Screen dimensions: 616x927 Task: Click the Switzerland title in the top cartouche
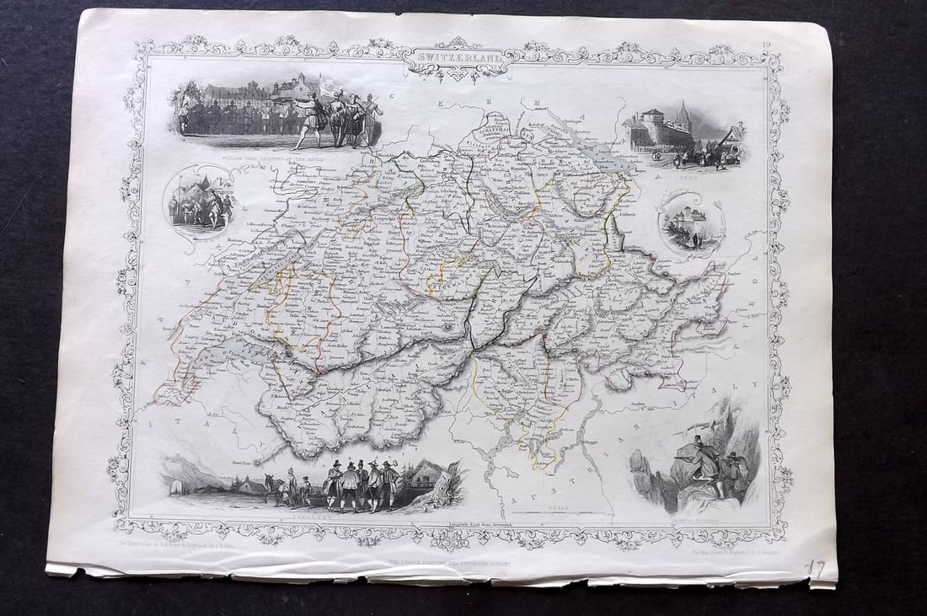[458, 60]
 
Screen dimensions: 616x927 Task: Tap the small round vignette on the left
[199, 199]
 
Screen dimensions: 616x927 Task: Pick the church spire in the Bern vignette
[683, 116]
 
